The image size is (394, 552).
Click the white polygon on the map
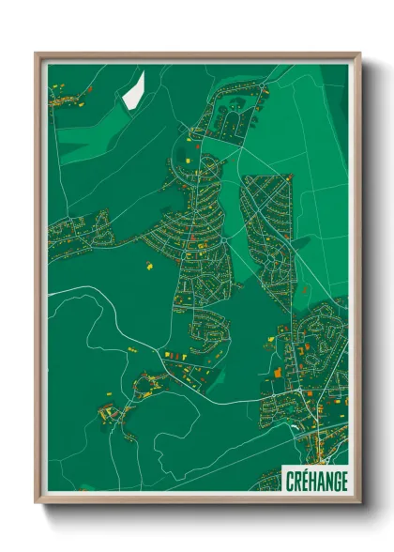pos(133,90)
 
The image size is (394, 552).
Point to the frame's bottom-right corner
pos(359,501)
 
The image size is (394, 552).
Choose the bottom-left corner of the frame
pos(37,501)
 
